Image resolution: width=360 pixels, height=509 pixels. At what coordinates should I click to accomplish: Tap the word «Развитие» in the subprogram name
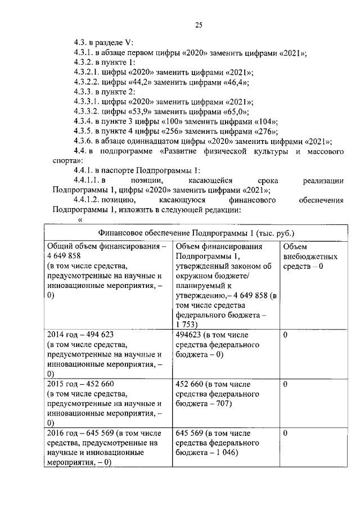(182, 151)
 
